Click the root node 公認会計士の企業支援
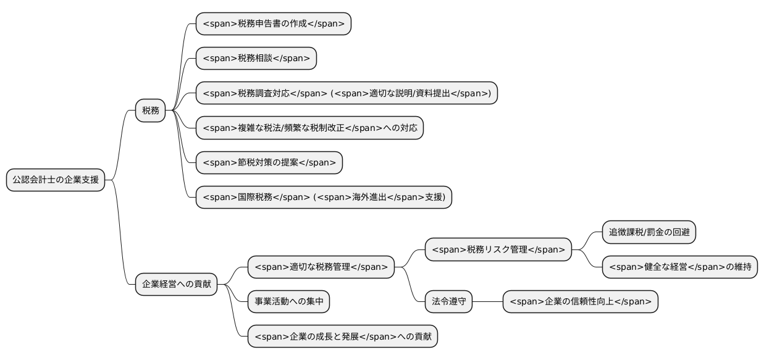coord(55,180)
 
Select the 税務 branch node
coord(151,111)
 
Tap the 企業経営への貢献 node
coord(177,285)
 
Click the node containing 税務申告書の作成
coord(273,24)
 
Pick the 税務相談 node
coord(256,59)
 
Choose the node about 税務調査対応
coord(346,93)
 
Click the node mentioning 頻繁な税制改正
coord(309,128)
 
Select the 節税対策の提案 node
coord(269,162)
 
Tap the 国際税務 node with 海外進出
coord(324,197)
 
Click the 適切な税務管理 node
coord(321,267)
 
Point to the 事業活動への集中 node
coord(288,302)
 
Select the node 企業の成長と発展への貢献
coord(342,337)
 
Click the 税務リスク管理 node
coord(498,249)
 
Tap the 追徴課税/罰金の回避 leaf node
coord(649,232)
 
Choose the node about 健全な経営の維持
coord(679,267)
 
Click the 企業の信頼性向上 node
coord(580,302)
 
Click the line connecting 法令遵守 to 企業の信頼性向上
coord(487,302)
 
